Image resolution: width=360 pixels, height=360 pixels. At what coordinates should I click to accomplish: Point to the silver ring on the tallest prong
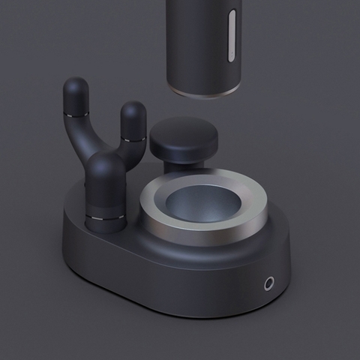tap(74, 115)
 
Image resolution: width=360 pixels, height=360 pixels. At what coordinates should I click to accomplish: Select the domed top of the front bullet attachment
tap(105, 166)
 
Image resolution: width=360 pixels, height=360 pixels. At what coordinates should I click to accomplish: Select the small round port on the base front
tap(268, 283)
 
